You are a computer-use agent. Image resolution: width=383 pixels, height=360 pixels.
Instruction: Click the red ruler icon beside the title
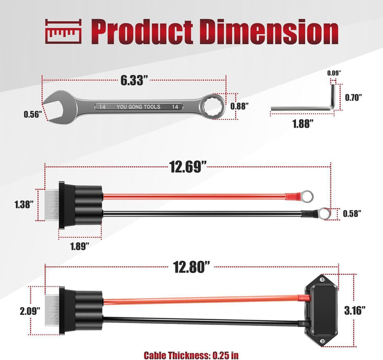click(63, 31)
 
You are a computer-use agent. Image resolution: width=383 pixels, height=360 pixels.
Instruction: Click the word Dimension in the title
click(270, 32)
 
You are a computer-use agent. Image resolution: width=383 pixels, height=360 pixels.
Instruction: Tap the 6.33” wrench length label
click(134, 80)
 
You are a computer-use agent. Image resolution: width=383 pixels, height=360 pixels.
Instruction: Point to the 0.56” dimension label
click(33, 114)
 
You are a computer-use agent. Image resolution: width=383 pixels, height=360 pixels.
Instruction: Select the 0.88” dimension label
click(239, 106)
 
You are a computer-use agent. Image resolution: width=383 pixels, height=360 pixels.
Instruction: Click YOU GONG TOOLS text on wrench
click(138, 107)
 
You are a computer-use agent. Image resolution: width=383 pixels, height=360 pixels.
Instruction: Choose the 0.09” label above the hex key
click(334, 73)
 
